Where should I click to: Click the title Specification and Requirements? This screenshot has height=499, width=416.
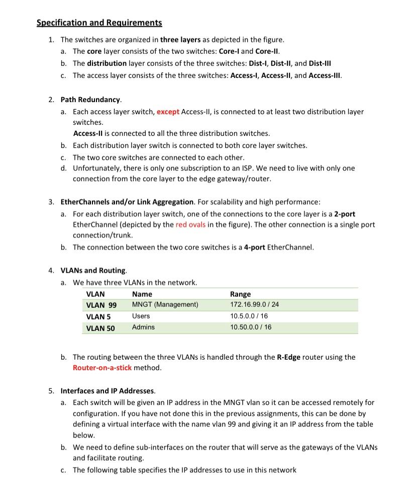pos(99,23)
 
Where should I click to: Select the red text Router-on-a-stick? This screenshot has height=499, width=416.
pos(102,368)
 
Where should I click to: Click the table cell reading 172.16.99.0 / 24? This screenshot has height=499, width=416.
pos(254,305)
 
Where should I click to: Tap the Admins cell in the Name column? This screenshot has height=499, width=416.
pos(143,327)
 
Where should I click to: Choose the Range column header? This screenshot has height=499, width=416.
pos(240,294)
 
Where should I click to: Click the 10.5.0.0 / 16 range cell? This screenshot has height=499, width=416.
pos(249,316)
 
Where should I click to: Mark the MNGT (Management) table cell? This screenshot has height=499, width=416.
pos(165,305)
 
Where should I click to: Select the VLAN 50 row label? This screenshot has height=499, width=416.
pos(100,328)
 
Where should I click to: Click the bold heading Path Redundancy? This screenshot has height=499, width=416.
pos(91,100)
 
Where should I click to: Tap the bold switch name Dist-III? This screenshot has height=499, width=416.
pos(320,63)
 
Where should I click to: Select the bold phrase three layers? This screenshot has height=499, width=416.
pos(180,39)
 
